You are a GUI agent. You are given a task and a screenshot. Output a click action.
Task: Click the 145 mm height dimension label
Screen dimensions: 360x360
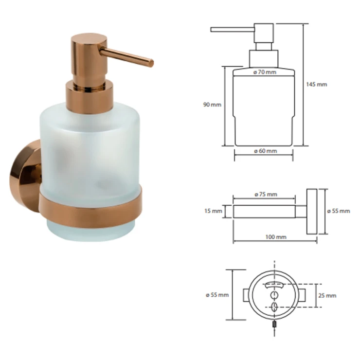(x=316, y=85)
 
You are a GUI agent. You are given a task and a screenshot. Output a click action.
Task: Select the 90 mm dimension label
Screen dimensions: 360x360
(x=212, y=105)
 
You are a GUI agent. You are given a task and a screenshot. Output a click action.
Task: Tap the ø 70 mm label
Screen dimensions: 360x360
(x=265, y=72)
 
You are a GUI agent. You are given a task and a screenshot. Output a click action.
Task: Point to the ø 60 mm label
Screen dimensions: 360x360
(x=266, y=151)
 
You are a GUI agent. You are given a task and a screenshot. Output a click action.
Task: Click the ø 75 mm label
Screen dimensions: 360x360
(x=266, y=195)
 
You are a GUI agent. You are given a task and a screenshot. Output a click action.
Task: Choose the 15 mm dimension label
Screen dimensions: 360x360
(x=213, y=211)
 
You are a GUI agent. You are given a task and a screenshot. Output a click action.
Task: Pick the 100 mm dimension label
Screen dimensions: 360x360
(x=276, y=237)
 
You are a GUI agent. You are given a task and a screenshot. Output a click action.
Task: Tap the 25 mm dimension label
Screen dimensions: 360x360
(x=327, y=295)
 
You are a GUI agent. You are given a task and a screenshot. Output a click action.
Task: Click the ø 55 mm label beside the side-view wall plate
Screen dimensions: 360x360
(x=339, y=211)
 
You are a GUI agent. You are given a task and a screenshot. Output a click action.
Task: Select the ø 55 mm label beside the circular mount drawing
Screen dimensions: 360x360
(x=217, y=295)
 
